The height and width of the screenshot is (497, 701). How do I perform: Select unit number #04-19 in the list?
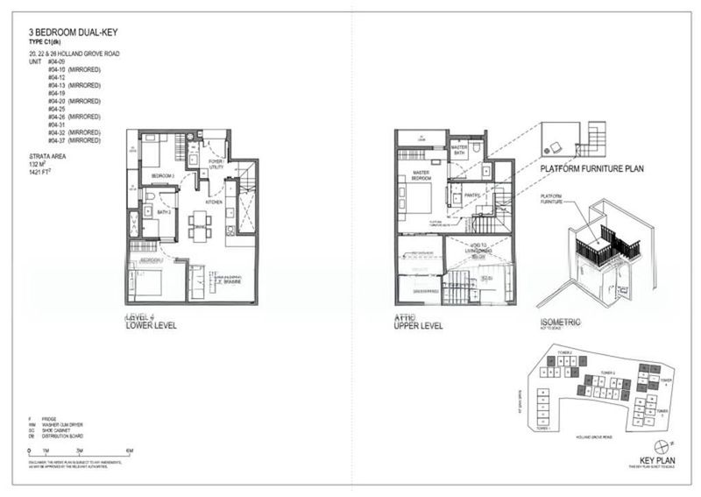click(x=58, y=92)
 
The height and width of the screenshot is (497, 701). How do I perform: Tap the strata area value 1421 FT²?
click(x=42, y=171)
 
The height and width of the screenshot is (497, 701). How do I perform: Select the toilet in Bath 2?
click(x=149, y=210)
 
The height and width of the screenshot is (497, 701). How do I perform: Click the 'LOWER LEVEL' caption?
click(x=152, y=325)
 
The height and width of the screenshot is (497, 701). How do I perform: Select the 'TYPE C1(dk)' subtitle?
click(x=46, y=42)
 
